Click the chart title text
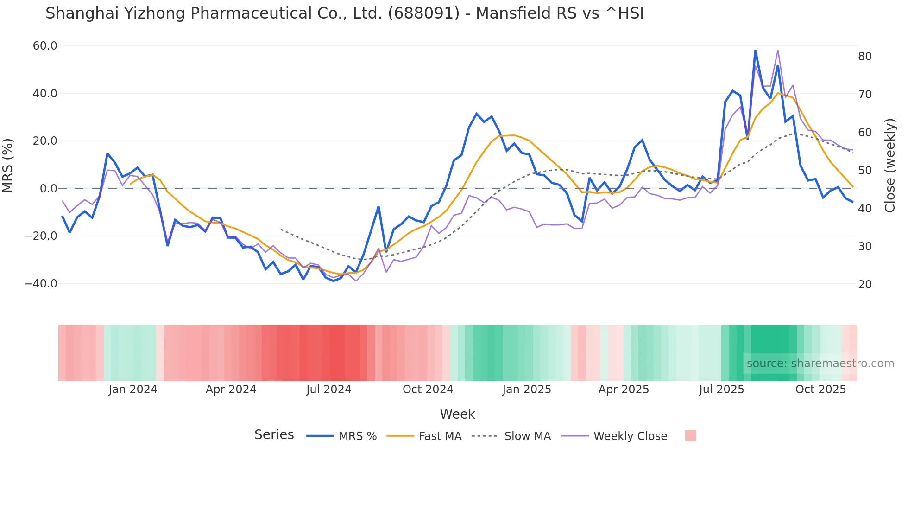pos(344,13)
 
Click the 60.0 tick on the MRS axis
pos(45,46)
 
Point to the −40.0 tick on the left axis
pos(41,284)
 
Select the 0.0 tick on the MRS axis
pos(49,189)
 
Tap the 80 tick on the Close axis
pos(865,57)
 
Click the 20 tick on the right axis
pos(865,285)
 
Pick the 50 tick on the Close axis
pos(865,171)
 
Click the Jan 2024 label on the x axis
pos(133,390)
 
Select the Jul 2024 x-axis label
pos(329,390)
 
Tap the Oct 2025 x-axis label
pos(820,390)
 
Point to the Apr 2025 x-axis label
pos(624,390)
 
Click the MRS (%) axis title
pos(8,165)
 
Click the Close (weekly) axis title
pos(890,165)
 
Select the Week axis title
pos(457,414)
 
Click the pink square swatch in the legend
pos(690,436)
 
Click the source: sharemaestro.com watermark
pos(820,364)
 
